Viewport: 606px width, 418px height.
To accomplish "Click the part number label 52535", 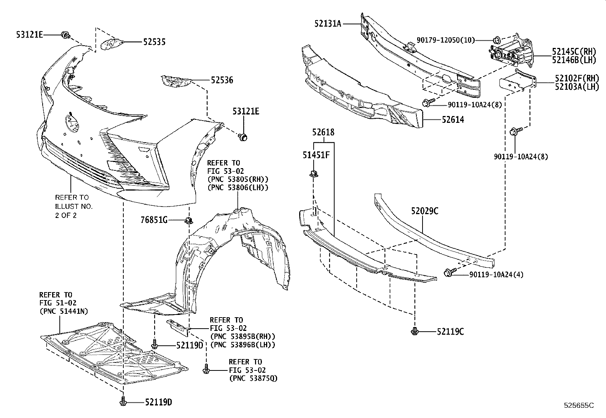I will point(154,42).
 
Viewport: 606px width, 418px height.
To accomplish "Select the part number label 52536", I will point(222,80).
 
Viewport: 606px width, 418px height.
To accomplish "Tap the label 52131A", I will point(327,24).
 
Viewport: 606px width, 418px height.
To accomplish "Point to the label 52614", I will point(453,120).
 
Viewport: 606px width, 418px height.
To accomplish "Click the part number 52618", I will point(323,132).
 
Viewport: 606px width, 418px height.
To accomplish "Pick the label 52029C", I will point(424,211).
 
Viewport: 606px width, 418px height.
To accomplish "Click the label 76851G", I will point(155,220).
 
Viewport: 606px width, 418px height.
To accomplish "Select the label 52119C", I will point(450,332).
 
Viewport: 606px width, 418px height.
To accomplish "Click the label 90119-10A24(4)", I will point(496,274).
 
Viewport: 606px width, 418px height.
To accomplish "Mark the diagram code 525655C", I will point(579,405).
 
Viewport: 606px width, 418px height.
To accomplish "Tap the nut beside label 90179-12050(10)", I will point(496,40).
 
